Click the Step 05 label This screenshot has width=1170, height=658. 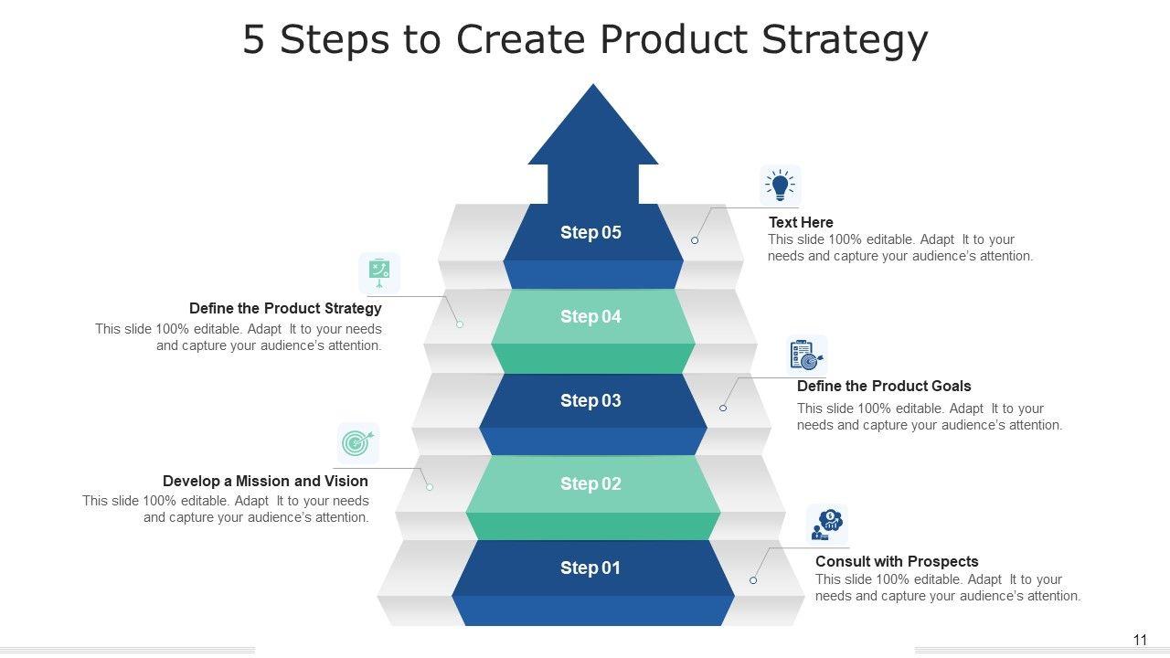590,233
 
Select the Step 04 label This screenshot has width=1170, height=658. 590,317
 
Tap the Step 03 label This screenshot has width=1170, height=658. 590,401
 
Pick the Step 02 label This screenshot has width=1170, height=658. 590,484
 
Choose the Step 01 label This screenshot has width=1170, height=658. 590,568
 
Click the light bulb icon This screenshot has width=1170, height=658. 780,185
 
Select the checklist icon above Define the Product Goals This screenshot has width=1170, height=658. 806,356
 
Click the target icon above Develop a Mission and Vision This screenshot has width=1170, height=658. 357,443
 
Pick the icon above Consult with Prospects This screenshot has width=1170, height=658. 826,525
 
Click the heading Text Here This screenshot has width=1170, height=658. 801,222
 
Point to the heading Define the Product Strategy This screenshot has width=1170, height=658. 285,309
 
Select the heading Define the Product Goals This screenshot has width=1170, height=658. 884,387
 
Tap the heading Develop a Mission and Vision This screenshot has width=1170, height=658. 265,482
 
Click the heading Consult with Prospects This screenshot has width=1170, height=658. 897,562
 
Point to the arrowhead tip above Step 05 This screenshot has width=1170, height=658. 593,88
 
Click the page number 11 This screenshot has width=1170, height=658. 1140,641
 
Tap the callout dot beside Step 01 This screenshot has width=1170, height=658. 753,580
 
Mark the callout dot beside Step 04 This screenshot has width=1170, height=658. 460,324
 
